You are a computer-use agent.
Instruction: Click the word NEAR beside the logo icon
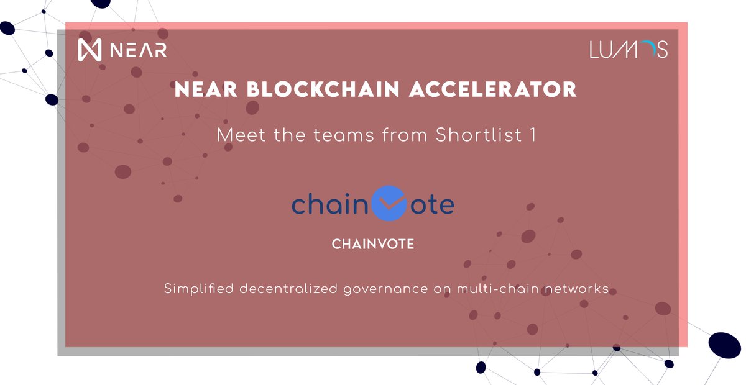tap(139, 50)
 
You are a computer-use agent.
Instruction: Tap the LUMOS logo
tap(629, 49)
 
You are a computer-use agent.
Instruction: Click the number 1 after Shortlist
tap(532, 134)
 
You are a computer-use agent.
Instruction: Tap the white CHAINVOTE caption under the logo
tap(373, 245)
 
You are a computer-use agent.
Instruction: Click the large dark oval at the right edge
tap(725, 345)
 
